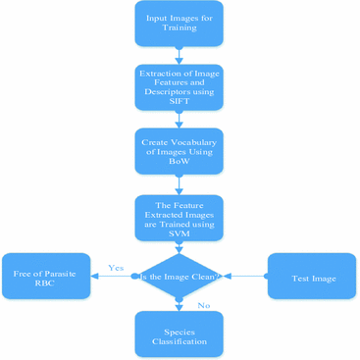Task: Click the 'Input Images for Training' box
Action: coord(179,23)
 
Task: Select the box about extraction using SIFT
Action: coord(179,87)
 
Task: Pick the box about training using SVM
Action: coord(179,216)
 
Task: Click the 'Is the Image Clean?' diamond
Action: coord(179,277)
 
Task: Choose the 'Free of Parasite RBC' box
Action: coord(46,277)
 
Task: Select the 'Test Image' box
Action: coord(312,278)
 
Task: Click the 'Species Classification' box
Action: coord(179,334)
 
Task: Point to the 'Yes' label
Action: coord(115,267)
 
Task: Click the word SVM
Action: coord(179,234)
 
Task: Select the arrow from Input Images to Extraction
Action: coord(179,55)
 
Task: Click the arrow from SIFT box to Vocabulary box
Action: coord(179,119)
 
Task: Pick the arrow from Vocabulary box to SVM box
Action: coord(179,184)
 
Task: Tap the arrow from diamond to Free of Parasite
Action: coord(113,277)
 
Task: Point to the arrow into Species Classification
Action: coord(179,306)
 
